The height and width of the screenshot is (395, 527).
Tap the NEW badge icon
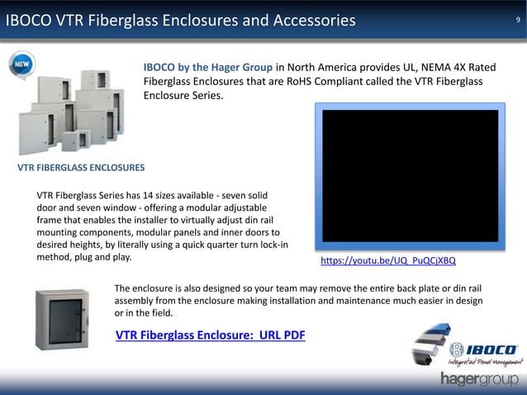click(x=21, y=64)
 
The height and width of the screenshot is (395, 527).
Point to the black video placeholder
click(x=410, y=175)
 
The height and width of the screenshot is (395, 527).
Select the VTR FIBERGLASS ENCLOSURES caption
click(x=81, y=168)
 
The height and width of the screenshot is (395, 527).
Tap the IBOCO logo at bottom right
click(x=482, y=349)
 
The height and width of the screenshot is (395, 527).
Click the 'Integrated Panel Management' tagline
click(x=483, y=361)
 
